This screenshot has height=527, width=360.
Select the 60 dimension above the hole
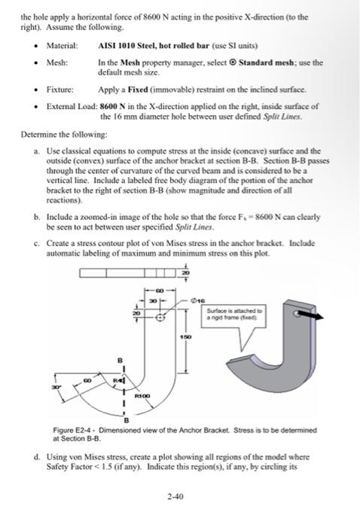(160, 289)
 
